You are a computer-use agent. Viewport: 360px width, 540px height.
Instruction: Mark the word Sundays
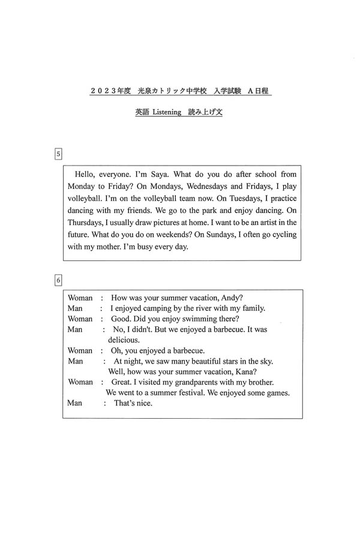click(x=222, y=235)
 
